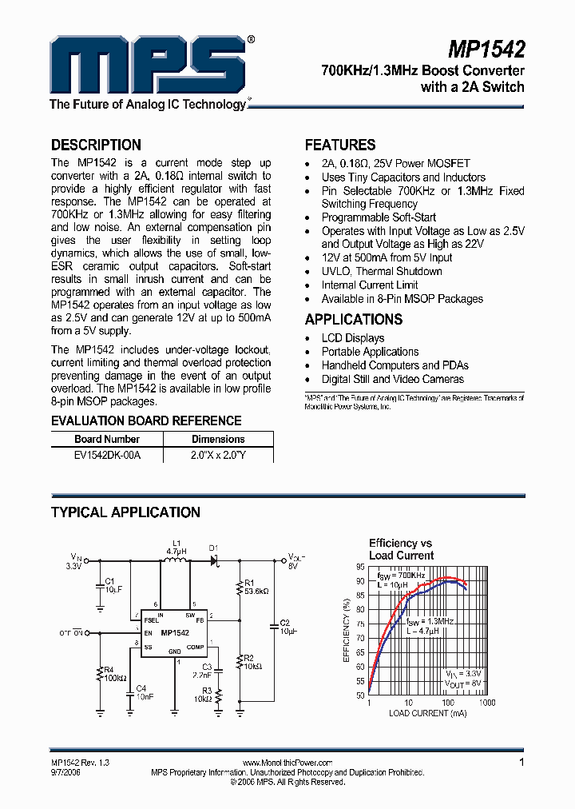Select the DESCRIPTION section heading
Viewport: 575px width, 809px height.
96,145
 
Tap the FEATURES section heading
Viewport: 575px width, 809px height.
340,145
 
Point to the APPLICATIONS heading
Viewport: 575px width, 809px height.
353,319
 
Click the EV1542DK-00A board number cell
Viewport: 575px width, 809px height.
107,454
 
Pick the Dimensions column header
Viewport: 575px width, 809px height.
218,439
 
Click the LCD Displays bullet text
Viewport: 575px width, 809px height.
353,338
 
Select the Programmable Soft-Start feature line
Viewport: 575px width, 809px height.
379,217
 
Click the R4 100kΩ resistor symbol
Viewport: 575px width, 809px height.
100,673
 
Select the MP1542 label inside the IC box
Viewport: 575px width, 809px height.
174,634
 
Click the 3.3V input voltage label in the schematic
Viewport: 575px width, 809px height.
73,566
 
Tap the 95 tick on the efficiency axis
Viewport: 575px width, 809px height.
360,567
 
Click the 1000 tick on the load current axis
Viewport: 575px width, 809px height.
486,703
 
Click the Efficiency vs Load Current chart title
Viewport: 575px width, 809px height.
401,548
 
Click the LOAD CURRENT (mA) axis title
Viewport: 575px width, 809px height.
427,713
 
